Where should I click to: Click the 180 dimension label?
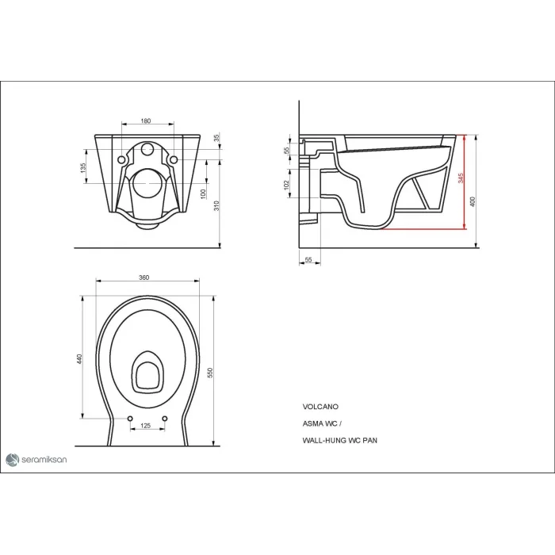[145, 121]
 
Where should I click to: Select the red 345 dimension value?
[461, 178]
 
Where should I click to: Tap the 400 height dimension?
[473, 201]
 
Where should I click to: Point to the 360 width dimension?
[144, 277]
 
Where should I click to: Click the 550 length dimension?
[211, 373]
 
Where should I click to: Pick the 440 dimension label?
[79, 359]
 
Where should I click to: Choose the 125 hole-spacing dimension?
[146, 426]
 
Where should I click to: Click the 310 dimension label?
[216, 205]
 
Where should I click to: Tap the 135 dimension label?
[82, 168]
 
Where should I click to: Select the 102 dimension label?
[286, 185]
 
